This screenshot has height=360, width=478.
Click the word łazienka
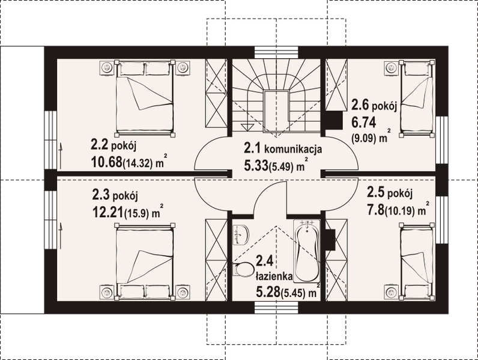coord(273,277)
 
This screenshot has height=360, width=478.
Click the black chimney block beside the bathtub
coord(329,237)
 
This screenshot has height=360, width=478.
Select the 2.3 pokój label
coord(115,195)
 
